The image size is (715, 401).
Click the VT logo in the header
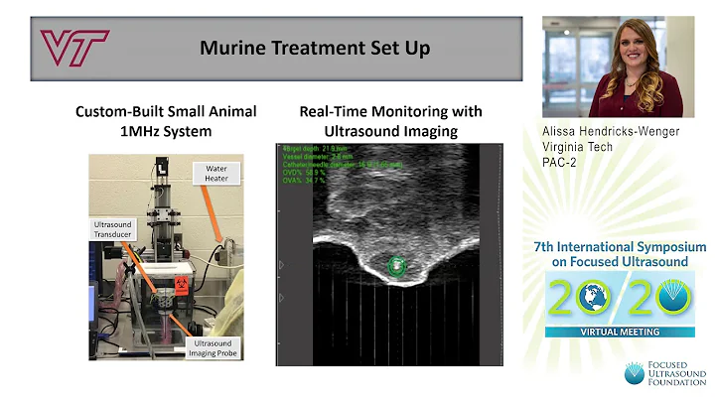pyautogui.click(x=73, y=47)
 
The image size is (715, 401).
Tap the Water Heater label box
pyautogui.click(x=216, y=174)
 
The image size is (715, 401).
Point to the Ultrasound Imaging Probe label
pyautogui.click(x=214, y=346)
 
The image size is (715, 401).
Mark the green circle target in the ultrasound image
pyautogui.click(x=397, y=265)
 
